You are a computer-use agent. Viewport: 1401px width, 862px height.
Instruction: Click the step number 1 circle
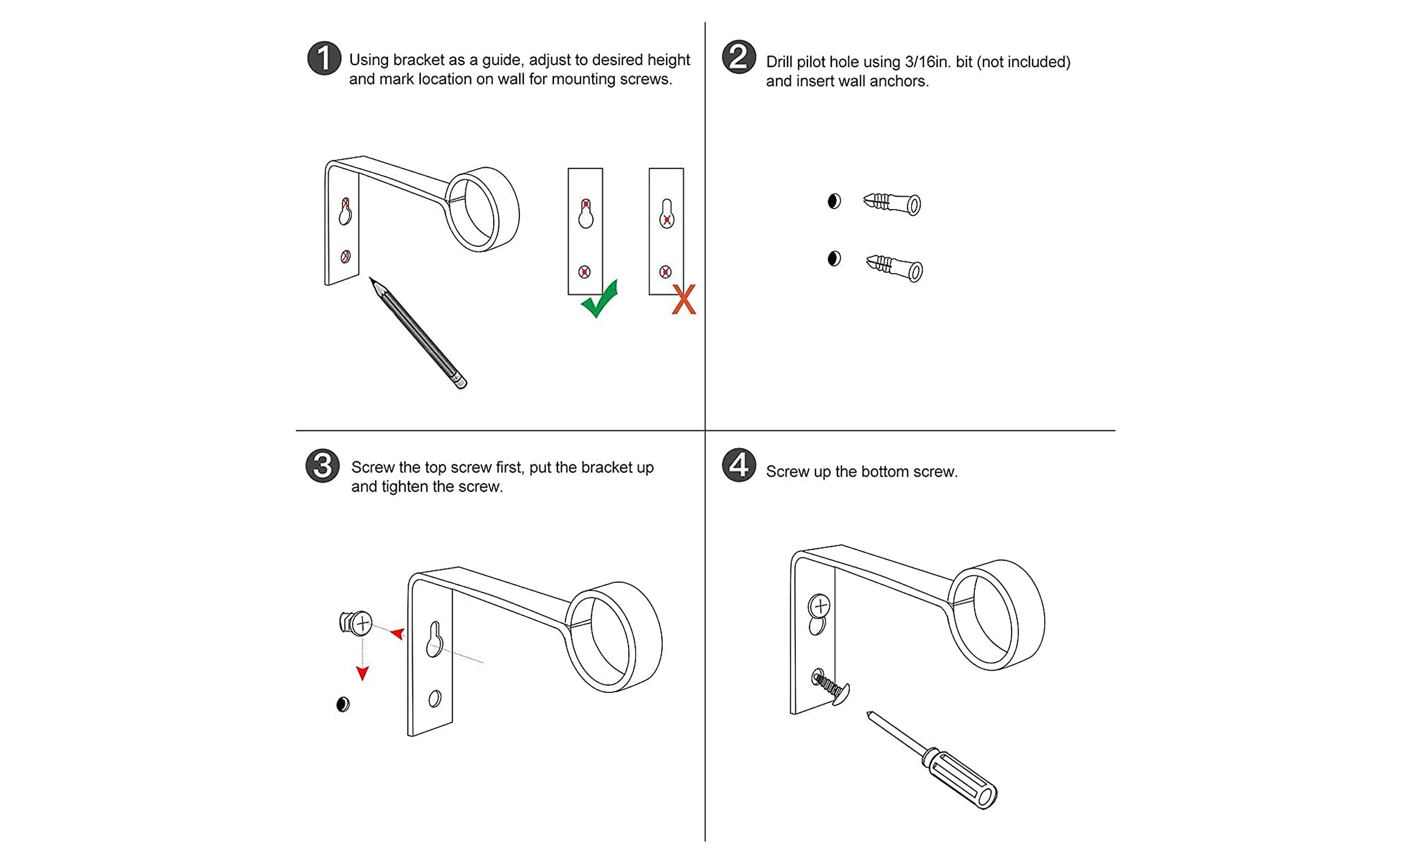(324, 58)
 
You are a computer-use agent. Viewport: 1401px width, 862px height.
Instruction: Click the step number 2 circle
(739, 57)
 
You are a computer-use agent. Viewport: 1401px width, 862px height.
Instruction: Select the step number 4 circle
(739, 465)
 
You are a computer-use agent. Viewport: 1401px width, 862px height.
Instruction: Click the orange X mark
(684, 299)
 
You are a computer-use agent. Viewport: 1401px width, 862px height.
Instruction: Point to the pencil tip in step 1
(373, 282)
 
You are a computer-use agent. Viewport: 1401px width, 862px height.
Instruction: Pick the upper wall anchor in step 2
(892, 203)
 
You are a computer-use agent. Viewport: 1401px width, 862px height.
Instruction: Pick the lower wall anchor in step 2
(894, 268)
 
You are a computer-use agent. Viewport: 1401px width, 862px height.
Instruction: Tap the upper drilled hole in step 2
(834, 201)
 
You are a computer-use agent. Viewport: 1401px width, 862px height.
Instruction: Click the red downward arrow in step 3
(362, 673)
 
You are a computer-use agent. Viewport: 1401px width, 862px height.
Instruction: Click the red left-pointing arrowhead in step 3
(398, 633)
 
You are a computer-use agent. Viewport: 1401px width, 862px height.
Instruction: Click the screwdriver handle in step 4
(963, 779)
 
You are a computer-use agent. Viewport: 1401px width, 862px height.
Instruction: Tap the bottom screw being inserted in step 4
(831, 686)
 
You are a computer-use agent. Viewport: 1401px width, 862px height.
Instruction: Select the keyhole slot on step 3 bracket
(435, 640)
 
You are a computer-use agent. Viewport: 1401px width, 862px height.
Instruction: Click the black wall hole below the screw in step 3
(343, 704)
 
